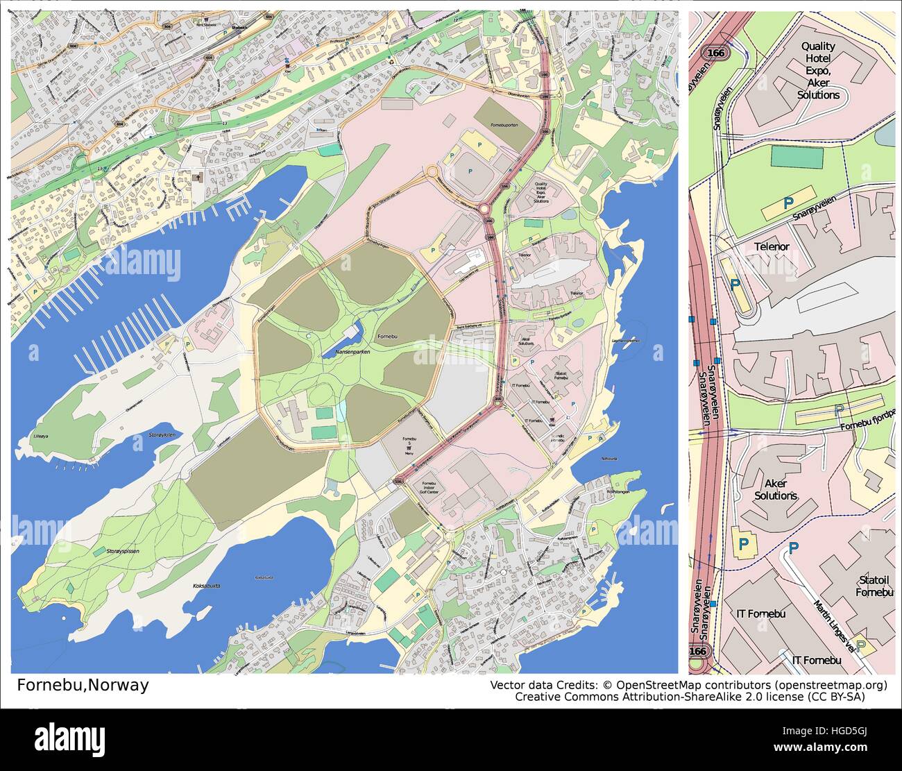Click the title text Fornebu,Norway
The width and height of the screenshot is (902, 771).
pyautogui.click(x=83, y=685)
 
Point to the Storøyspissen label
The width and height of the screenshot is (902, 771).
pyautogui.click(x=124, y=551)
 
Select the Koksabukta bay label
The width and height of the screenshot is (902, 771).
pyautogui.click(x=206, y=586)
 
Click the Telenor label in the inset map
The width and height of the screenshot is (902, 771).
pyautogui.click(x=772, y=246)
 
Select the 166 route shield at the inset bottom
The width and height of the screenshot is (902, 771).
pyautogui.click(x=699, y=652)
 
